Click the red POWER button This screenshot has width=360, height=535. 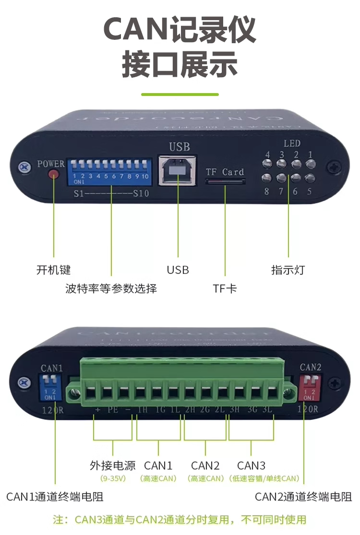coord(54,175)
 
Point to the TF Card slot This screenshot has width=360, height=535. coord(226,182)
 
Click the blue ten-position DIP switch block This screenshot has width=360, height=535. coord(110,172)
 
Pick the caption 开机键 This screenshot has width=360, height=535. coord(53,270)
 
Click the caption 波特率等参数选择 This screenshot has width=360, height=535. coord(111,289)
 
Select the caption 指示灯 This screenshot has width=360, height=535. coord(288,270)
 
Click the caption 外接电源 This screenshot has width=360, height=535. coord(112,465)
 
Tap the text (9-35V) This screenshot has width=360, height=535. coord(112,478)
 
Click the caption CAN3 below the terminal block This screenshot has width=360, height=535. coord(251,465)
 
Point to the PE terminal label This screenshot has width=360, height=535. coord(112,410)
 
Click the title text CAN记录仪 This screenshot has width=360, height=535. coord(180,30)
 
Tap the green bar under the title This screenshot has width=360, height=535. coord(180,95)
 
